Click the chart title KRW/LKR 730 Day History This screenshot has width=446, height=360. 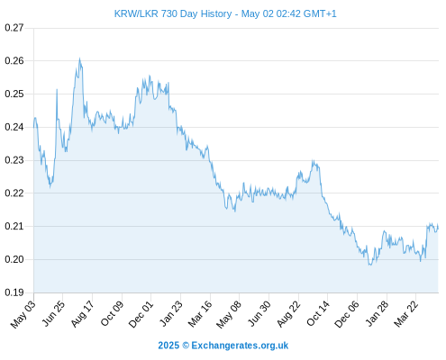(173, 13)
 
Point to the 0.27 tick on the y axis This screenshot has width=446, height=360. (14, 28)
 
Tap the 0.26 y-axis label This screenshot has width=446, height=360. (14, 61)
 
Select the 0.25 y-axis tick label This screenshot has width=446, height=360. (14, 94)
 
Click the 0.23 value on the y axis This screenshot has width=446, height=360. (14, 160)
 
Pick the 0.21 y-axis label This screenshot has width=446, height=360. (14, 226)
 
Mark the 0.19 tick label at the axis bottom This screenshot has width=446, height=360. (14, 292)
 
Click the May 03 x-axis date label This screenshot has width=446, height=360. (23, 314)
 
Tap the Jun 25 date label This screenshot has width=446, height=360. (52, 314)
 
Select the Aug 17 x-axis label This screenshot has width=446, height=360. (82, 314)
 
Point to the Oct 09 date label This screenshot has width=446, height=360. (112, 314)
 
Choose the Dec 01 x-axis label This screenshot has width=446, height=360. (141, 314)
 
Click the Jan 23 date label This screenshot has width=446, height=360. (170, 313)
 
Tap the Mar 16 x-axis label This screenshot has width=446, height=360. (199, 314)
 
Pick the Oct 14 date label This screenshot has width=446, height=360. (318, 313)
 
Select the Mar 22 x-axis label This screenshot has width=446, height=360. (405, 314)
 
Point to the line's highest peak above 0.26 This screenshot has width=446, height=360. (79, 58)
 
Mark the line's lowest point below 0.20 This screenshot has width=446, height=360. (370, 265)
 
